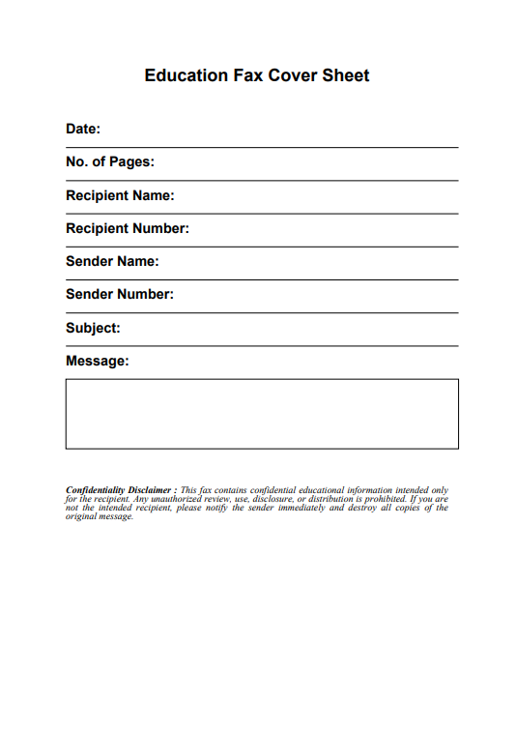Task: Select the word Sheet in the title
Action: [x=346, y=75]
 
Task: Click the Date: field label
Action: [x=83, y=129]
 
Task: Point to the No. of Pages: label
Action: [x=110, y=162]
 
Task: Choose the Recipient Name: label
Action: [x=120, y=195]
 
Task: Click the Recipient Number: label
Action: [x=128, y=229]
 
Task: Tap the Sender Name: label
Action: [x=112, y=262]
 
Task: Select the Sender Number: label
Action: [x=120, y=295]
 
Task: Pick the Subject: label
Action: [x=93, y=328]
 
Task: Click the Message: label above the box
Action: [x=97, y=362]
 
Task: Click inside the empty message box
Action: [x=262, y=414]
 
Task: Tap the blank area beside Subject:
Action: [x=290, y=329]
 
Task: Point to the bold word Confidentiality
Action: [x=95, y=490]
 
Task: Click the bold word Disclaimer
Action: [x=149, y=490]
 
